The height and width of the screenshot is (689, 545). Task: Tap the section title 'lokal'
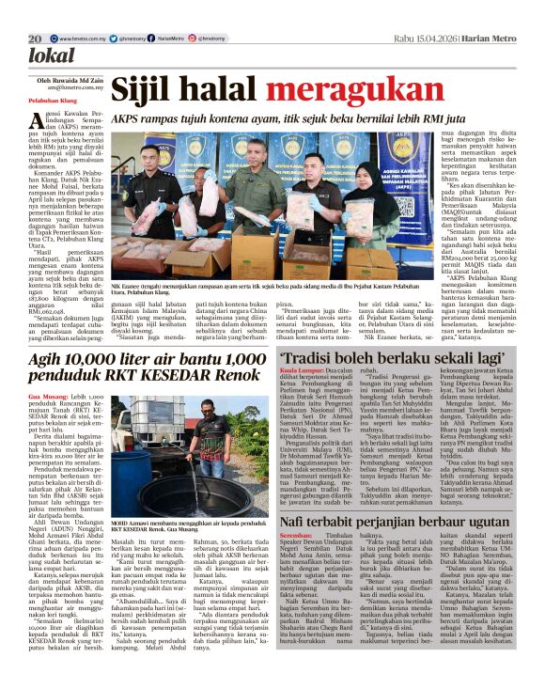click(51, 55)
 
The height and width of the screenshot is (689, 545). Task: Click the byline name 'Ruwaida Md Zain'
click(71, 81)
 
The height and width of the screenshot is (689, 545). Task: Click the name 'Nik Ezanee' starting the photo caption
click(129, 283)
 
